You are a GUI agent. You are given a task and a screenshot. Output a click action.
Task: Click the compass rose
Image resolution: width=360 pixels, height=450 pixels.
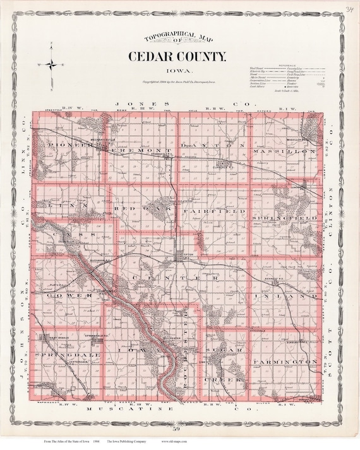[x=54, y=64]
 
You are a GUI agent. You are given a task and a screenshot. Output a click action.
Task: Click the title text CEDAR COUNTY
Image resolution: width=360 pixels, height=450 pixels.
[x=177, y=57]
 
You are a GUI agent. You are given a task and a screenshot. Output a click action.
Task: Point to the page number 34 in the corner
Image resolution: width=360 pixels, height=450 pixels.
[x=349, y=8]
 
